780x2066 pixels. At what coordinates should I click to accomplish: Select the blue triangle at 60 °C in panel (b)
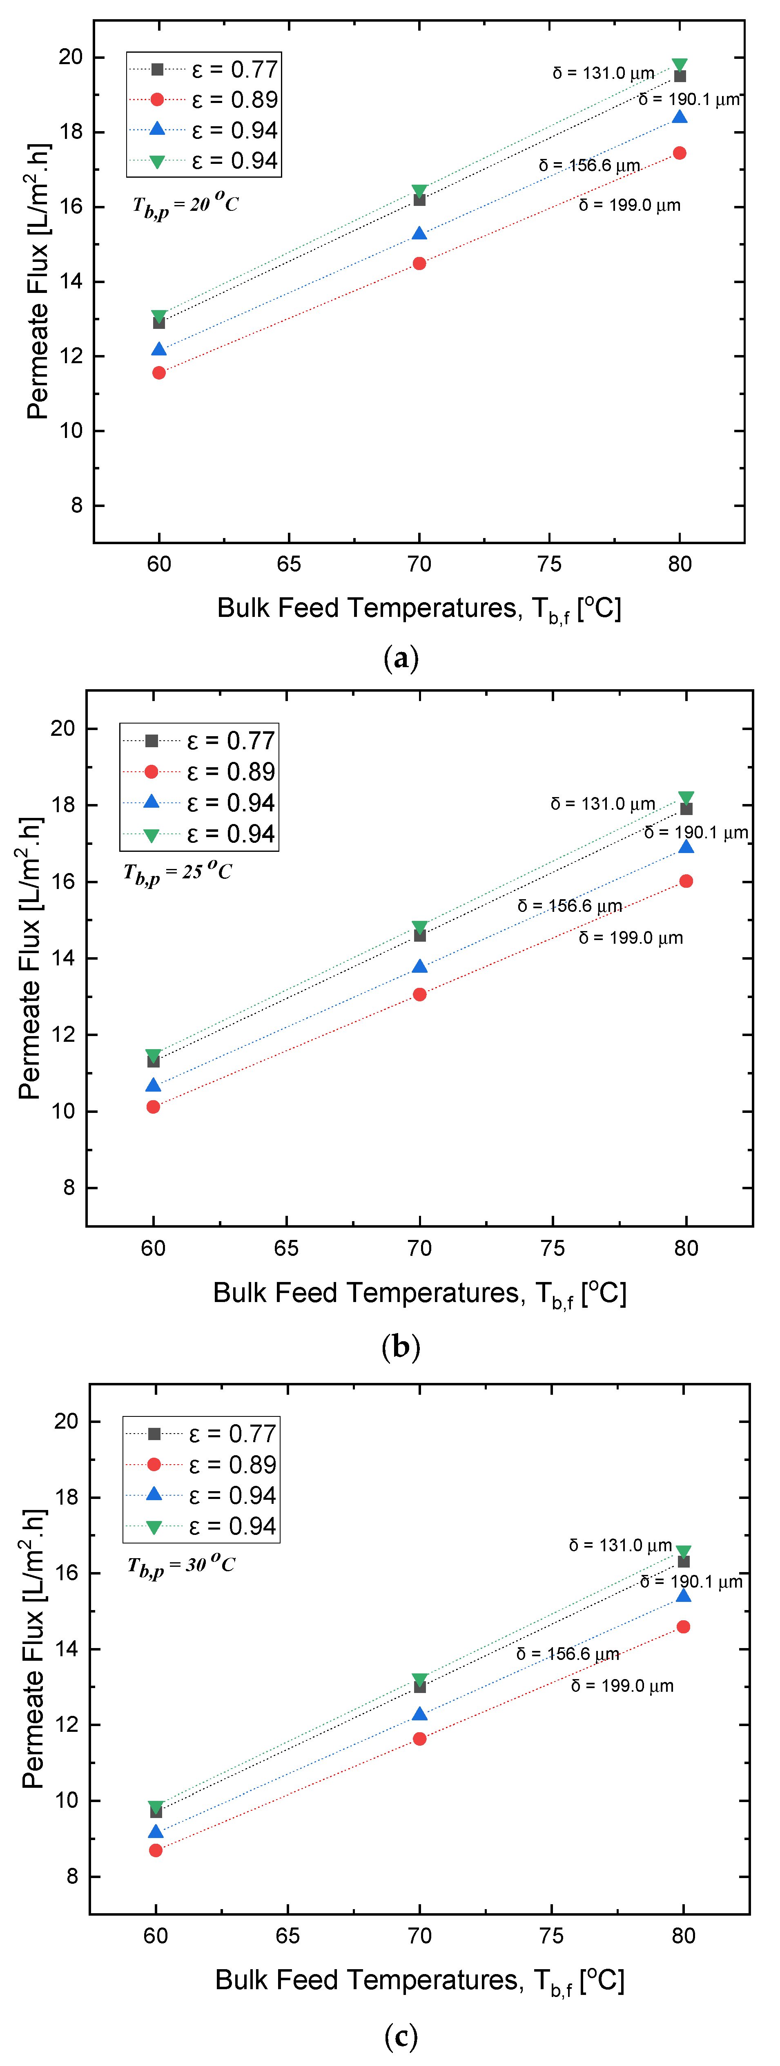pyautogui.click(x=153, y=1085)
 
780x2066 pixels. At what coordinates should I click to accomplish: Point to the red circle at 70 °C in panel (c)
pyautogui.click(x=419, y=1739)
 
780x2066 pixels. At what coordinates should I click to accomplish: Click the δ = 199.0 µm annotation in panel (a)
pyautogui.click(x=629, y=205)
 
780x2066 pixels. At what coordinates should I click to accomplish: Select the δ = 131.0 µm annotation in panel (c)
pyautogui.click(x=620, y=1546)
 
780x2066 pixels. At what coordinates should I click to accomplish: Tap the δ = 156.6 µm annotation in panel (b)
pyautogui.click(x=569, y=906)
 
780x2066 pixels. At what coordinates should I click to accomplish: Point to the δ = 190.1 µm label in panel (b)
pyautogui.click(x=695, y=833)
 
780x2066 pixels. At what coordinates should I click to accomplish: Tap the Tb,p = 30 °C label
pyautogui.click(x=181, y=1565)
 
